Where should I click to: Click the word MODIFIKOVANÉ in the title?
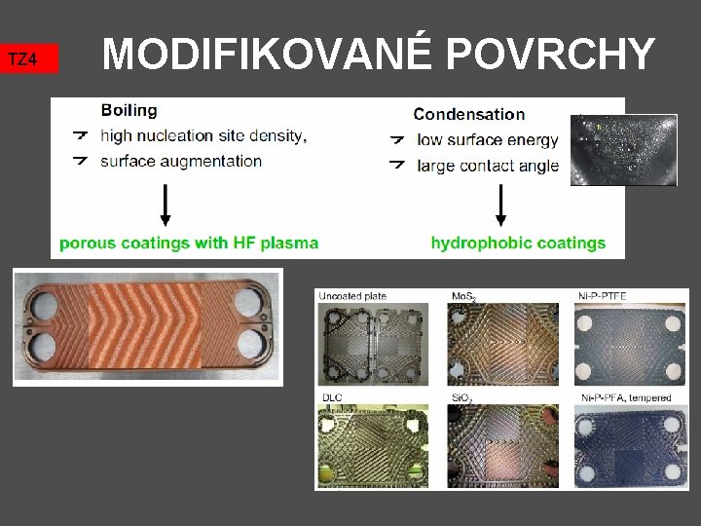[x=266, y=55]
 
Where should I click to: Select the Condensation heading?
[x=468, y=115]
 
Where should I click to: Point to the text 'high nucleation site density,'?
[x=203, y=135]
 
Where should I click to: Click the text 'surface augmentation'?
[x=181, y=161]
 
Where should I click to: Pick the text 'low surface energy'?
[x=487, y=140]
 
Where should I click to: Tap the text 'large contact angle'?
[x=488, y=166]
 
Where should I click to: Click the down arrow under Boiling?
[x=166, y=204]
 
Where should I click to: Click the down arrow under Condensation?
[x=501, y=206]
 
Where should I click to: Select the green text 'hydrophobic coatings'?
[x=518, y=244]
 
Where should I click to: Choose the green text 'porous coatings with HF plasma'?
[x=189, y=243]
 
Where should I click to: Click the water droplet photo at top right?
[x=623, y=150]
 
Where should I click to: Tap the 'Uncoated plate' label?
[x=351, y=295]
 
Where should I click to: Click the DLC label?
[x=332, y=397]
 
